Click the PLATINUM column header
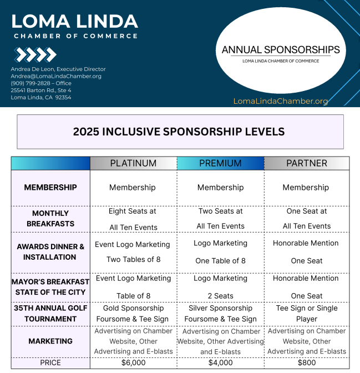133,163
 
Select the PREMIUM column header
220,163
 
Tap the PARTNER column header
306,163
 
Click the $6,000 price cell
133,362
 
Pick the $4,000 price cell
220,362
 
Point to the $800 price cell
306,362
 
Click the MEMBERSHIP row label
50,188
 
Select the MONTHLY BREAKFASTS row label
50,218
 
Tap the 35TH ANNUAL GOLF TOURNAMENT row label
50,313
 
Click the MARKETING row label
50,341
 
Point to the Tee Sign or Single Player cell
306,313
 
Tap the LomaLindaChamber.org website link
281,101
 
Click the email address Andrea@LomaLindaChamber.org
56,76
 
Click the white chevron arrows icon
36,54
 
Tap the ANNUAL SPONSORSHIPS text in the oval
281,50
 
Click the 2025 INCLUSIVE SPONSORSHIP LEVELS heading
179,132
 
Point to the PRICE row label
50,362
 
